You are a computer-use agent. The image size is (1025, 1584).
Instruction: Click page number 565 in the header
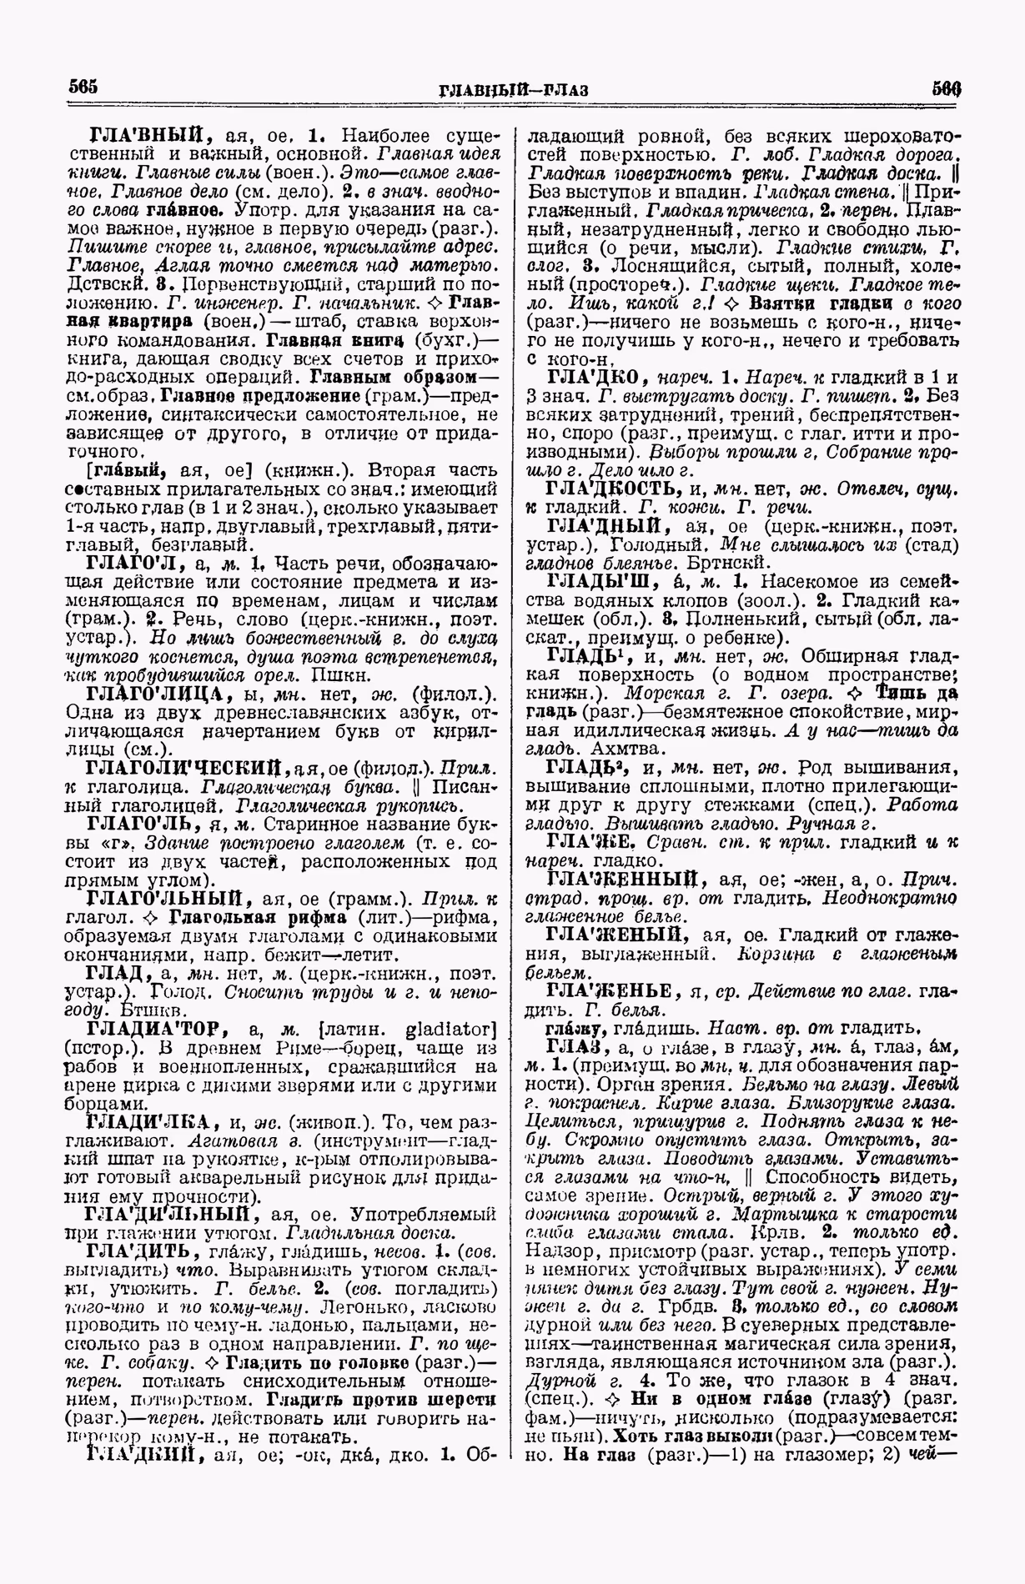[83, 87]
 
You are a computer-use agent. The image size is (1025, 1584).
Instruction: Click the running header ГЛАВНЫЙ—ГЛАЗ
[511, 89]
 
